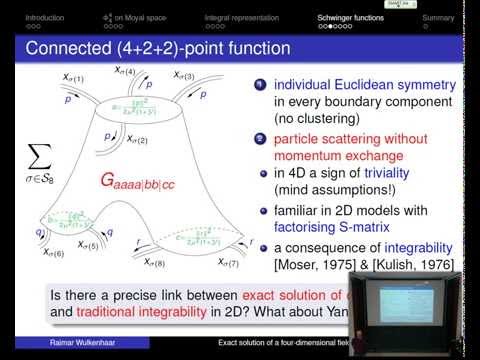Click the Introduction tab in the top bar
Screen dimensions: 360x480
[44, 18]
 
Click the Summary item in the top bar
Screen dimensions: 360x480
[437, 18]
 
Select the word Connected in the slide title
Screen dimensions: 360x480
[66, 48]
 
